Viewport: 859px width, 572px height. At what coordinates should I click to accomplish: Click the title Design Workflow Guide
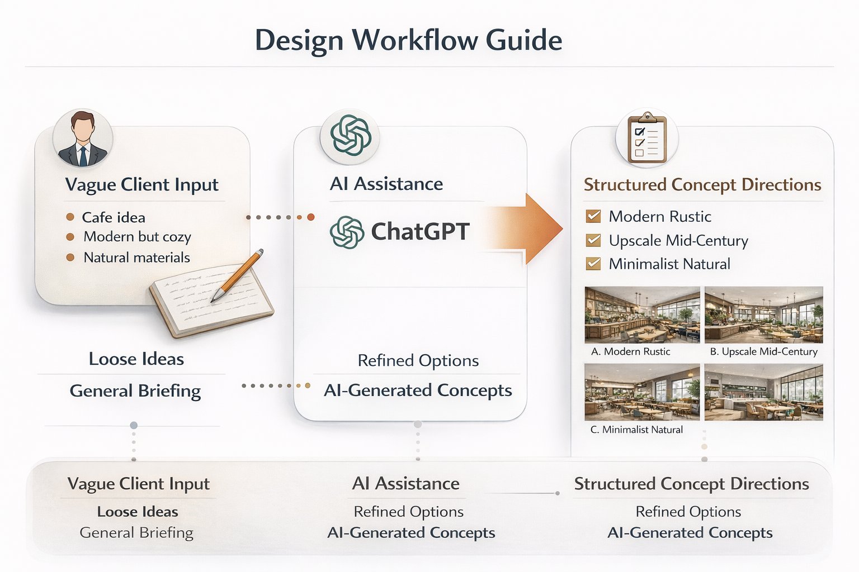click(408, 40)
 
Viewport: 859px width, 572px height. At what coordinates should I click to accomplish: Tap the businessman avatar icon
click(83, 139)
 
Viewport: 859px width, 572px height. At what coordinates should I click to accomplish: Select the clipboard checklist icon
click(647, 138)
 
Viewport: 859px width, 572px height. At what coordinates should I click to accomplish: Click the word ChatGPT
click(420, 231)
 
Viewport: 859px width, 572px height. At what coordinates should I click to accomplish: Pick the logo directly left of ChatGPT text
click(347, 232)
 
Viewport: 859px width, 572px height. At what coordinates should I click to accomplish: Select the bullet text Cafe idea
click(114, 217)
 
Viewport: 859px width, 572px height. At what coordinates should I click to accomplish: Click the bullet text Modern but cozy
click(137, 237)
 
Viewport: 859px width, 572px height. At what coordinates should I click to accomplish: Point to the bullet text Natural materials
click(136, 258)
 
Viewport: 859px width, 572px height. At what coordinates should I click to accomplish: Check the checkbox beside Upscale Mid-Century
click(593, 240)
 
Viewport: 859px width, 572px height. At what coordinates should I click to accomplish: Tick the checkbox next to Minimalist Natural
click(593, 264)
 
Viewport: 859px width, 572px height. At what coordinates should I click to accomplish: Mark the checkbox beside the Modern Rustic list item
click(593, 216)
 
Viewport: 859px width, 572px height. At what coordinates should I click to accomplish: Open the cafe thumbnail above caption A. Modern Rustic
click(642, 314)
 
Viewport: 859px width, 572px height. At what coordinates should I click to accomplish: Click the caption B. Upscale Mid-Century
click(763, 352)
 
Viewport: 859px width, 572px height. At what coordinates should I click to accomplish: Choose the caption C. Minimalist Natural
click(636, 430)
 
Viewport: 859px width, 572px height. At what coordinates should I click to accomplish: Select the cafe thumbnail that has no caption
click(763, 392)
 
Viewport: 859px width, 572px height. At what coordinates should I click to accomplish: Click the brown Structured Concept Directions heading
click(702, 185)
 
